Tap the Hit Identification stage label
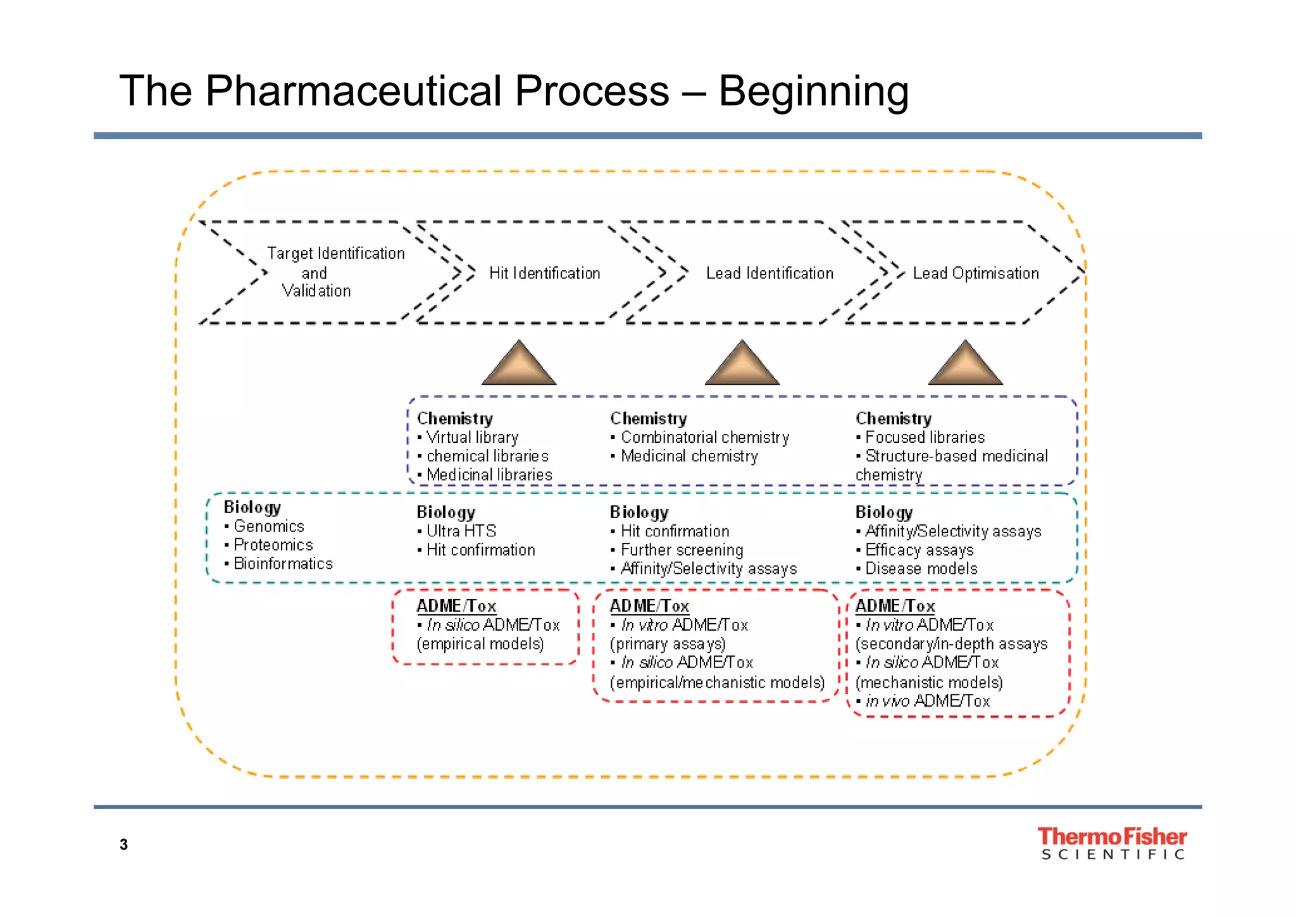coord(544,273)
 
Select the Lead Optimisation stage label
coord(976,273)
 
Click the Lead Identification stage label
coord(769,273)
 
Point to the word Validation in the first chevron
coord(316,291)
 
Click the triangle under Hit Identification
coord(519,366)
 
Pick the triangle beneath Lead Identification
coord(742,366)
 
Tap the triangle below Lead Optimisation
coord(966,366)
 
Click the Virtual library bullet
coord(471,437)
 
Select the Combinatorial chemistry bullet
coord(704,437)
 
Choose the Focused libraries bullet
coord(925,437)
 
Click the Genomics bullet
coord(268,526)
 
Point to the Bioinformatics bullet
coord(282,564)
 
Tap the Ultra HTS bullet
coord(461,531)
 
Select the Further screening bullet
coord(682,550)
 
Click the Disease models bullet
coord(921,569)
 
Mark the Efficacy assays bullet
coord(919,550)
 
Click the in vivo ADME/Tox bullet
coord(927,701)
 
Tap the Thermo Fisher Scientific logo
coord(1112,843)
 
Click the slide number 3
coord(124,845)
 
